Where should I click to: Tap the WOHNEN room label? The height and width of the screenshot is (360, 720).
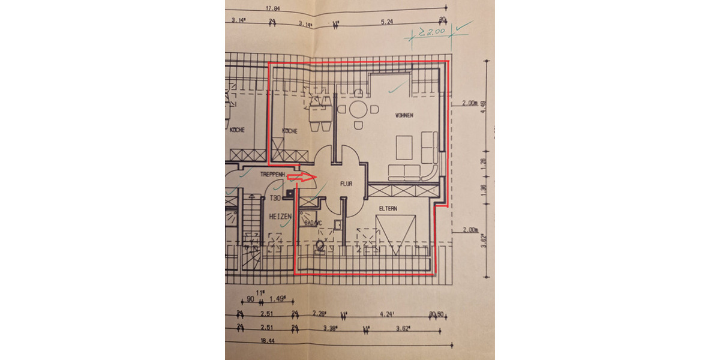click(x=403, y=115)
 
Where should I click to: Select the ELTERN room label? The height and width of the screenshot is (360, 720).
click(x=389, y=208)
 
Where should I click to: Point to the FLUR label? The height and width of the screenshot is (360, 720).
click(x=346, y=184)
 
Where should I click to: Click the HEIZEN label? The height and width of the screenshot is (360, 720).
click(x=280, y=215)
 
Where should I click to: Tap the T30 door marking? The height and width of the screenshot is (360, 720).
click(x=275, y=198)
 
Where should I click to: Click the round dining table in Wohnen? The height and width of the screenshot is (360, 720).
click(x=358, y=110)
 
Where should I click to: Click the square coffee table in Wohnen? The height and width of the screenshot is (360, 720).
click(x=403, y=147)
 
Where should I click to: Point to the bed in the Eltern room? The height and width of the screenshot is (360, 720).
click(x=395, y=235)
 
